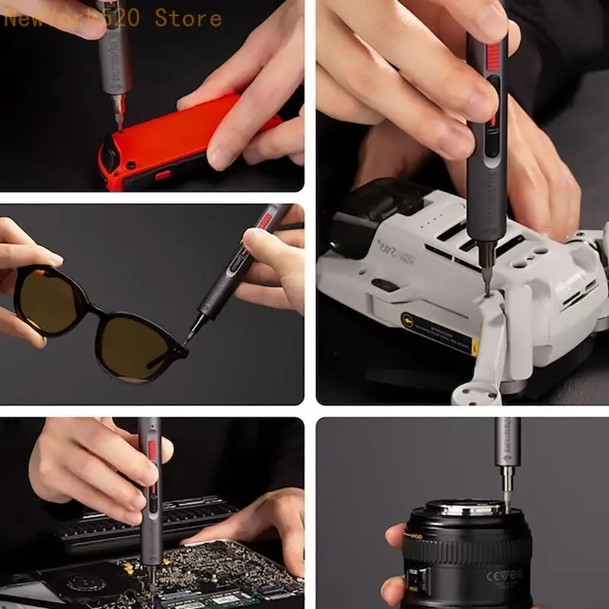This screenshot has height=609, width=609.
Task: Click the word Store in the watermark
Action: pyautogui.click(x=188, y=17)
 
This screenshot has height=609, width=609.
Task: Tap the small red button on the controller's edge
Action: pyautogui.click(x=163, y=174)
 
